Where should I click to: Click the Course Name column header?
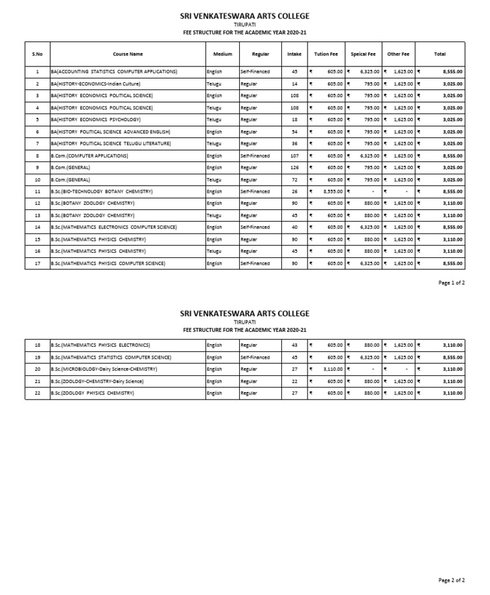point(128,54)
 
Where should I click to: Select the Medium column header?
point(223,54)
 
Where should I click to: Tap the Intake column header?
point(294,54)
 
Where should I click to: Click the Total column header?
point(440,54)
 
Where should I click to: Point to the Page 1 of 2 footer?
point(452,282)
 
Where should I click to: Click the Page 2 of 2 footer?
point(452,580)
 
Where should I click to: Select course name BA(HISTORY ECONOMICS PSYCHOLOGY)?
point(95,119)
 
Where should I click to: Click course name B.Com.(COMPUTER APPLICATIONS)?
point(89,156)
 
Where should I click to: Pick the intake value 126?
point(294,167)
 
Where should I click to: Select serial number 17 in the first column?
point(38,263)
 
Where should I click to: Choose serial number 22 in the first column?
point(38,393)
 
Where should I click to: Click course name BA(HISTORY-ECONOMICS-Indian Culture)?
point(95,84)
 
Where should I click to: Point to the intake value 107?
point(294,156)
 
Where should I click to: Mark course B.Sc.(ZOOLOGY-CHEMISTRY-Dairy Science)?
point(97,381)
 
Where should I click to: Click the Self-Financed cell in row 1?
point(255,72)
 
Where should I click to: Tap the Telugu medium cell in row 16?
point(214,252)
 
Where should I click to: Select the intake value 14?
point(294,84)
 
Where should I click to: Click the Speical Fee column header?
point(364,54)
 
